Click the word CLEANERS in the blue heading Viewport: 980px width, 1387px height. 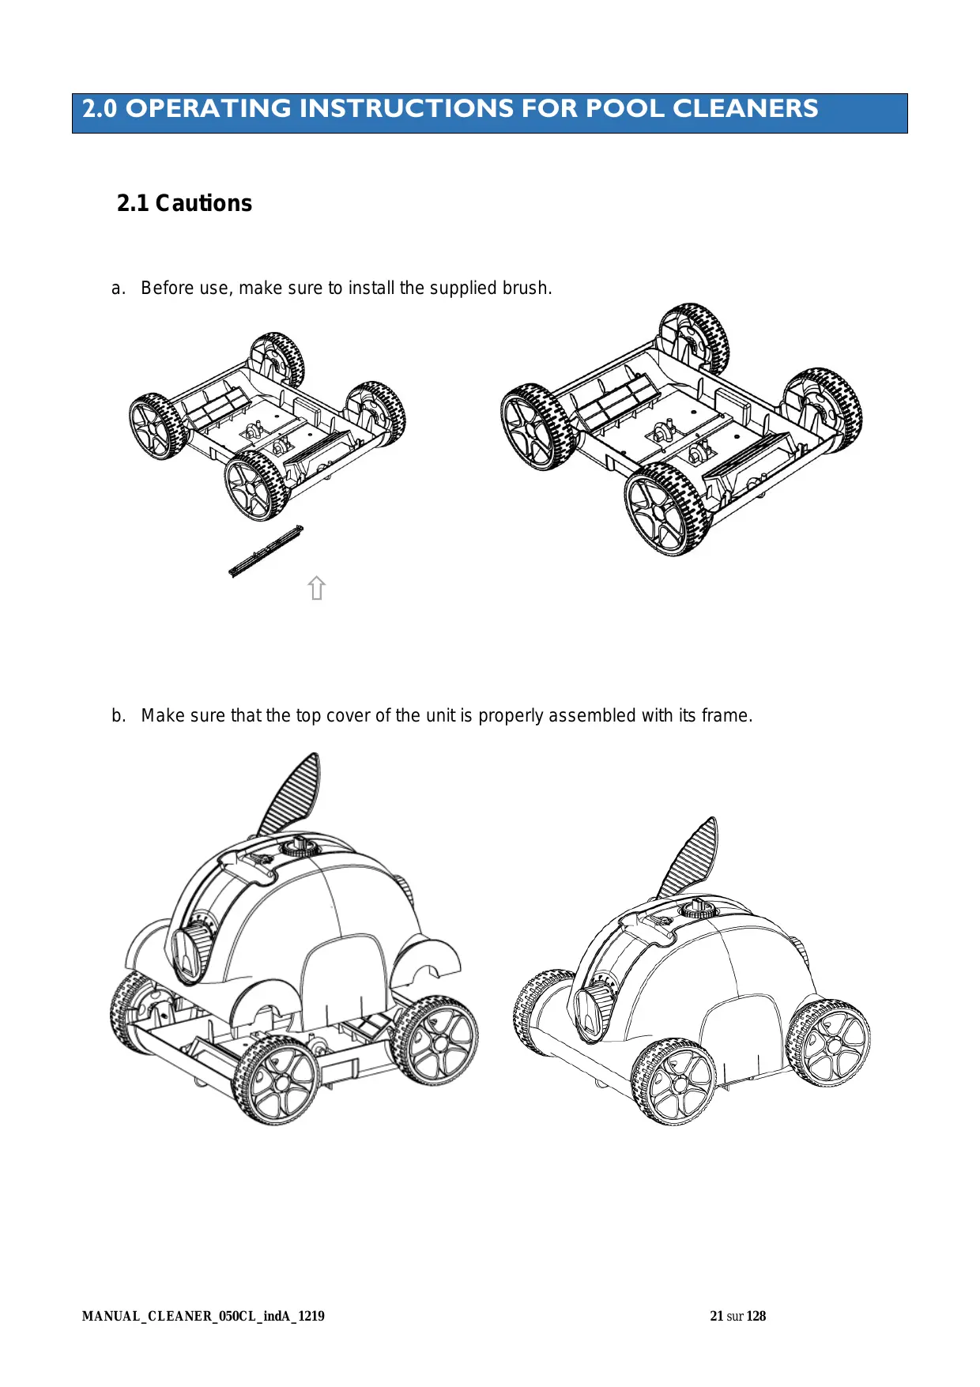click(745, 108)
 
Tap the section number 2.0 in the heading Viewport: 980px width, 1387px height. click(100, 108)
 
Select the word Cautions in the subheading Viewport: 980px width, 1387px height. click(203, 203)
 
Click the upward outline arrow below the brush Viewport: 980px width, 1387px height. click(317, 588)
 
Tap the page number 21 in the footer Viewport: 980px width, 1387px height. click(717, 1316)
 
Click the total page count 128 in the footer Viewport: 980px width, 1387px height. click(756, 1316)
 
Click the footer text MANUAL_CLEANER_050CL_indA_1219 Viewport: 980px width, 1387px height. click(203, 1316)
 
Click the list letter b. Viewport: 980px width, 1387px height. click(118, 715)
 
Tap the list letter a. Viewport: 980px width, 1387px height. click(118, 288)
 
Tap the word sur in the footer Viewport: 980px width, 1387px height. click(735, 1316)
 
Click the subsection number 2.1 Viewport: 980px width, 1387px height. click(133, 203)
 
